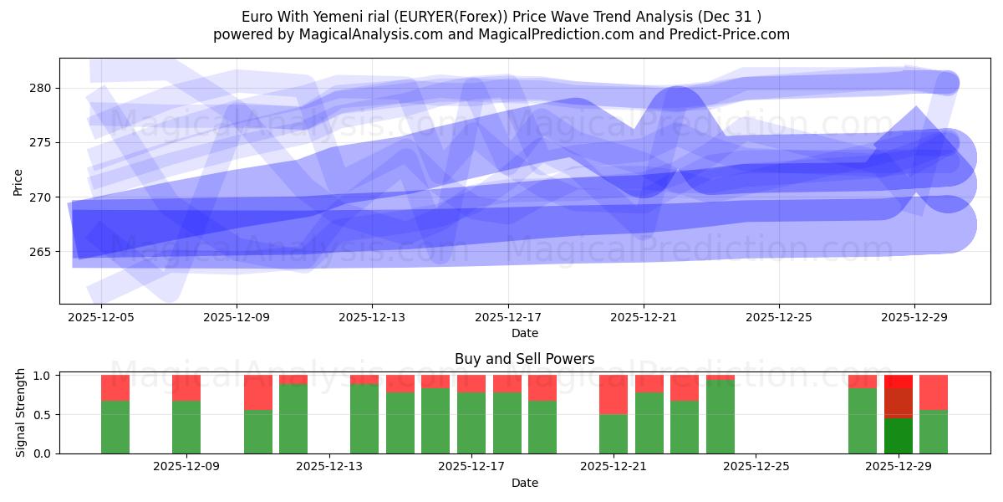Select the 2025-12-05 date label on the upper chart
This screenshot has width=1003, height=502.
point(100,318)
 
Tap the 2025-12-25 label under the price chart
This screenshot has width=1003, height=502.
point(779,318)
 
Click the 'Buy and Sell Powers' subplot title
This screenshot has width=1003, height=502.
point(524,359)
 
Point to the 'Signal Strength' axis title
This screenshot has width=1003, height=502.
point(21,414)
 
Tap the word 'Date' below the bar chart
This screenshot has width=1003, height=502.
point(524,483)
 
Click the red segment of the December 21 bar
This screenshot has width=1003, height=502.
point(614,394)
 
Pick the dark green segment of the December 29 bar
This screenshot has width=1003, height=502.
point(899,436)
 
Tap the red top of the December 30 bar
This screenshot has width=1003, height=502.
point(934,392)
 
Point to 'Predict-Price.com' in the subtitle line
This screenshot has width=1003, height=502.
point(726,34)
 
